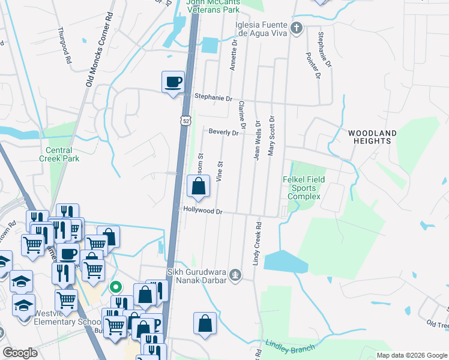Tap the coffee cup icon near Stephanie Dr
(173, 82)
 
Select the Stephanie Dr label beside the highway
(212, 97)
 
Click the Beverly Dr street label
(223, 132)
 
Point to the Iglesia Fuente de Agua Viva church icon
(296, 28)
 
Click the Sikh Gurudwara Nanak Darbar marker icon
(237, 275)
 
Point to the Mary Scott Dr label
(271, 136)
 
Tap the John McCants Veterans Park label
(212, 6)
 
